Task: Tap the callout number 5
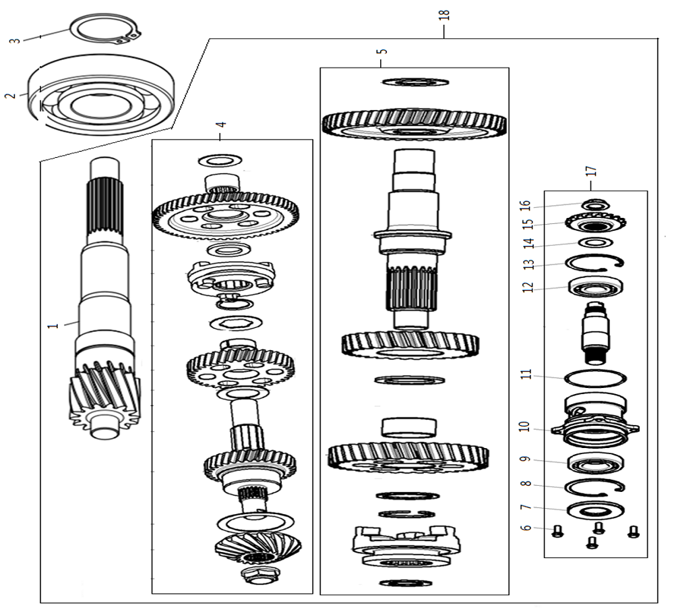tap(381, 51)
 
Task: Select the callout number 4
tap(221, 125)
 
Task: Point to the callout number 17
tap(591, 171)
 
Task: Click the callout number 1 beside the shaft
tap(51, 326)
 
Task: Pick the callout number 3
tap(14, 40)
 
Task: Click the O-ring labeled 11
tap(596, 377)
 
